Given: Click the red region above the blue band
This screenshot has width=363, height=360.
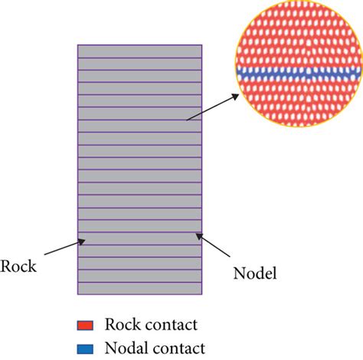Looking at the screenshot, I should (x=299, y=38).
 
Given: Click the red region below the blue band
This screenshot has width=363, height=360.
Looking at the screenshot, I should (x=299, y=100).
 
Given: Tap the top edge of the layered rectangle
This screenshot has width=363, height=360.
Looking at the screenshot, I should (x=139, y=44).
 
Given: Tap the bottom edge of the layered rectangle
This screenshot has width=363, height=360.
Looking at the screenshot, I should (x=139, y=294).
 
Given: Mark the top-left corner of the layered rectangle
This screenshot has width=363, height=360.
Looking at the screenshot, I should (x=78, y=44).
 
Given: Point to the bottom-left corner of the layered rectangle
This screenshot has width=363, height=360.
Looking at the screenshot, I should (x=78, y=294).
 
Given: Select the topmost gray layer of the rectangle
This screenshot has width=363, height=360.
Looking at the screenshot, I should (x=139, y=51).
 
